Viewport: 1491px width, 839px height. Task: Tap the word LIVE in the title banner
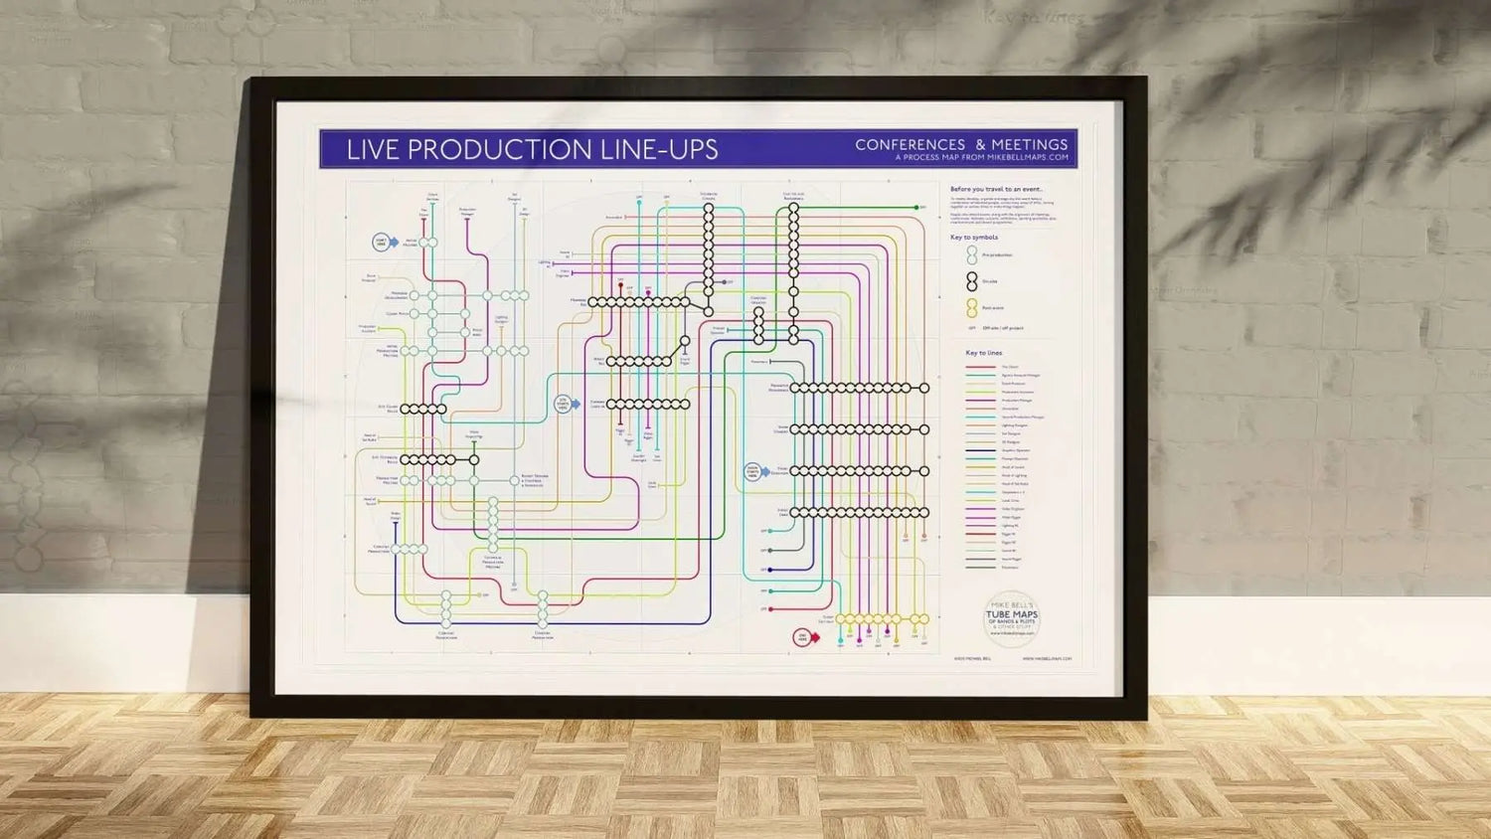372,150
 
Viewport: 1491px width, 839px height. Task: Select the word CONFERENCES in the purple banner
910,145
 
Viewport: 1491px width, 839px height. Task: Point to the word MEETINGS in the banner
1029,145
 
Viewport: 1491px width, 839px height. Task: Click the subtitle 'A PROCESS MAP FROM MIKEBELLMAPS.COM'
981,157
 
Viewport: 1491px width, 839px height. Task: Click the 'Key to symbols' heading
973,238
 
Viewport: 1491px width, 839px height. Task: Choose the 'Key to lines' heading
983,353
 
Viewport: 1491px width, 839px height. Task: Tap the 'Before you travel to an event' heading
996,189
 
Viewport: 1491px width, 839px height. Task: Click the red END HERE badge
803,636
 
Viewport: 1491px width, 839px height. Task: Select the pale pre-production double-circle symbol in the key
972,255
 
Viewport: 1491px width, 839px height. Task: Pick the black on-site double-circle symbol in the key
972,282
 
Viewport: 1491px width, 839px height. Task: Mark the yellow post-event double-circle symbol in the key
972,308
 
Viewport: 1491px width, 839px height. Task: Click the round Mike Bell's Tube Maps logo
1011,617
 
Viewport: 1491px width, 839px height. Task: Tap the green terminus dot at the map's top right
916,208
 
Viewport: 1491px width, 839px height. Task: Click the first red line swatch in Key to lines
980,367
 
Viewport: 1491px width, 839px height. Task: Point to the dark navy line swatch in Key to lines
980,450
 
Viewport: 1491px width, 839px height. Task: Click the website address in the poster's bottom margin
1047,658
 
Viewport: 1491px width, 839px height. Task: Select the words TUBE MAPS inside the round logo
1011,614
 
